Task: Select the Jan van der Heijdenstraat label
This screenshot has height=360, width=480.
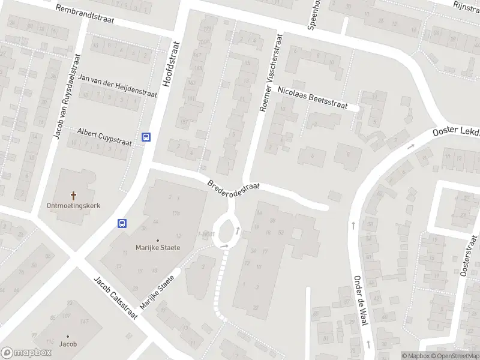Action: [118, 86]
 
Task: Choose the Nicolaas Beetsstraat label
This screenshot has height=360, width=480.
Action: [313, 98]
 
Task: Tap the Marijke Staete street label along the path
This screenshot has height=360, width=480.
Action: [157, 292]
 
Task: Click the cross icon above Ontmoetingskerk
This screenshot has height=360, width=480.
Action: [74, 196]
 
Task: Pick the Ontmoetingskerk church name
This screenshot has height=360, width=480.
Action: [73, 205]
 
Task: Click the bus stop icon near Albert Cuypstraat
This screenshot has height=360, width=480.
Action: [146, 137]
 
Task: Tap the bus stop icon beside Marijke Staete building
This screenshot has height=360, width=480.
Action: [122, 223]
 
